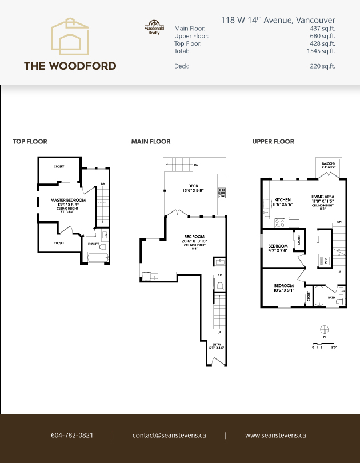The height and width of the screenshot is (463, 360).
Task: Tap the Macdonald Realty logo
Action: [x=149, y=29]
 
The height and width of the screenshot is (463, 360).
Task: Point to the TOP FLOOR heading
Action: [x=30, y=142]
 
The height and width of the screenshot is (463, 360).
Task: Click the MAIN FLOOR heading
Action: [x=151, y=142]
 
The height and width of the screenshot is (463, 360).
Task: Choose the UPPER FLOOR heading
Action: [x=273, y=142]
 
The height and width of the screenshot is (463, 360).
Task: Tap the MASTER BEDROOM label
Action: [x=68, y=201]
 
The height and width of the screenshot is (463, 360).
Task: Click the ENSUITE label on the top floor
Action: [x=93, y=244]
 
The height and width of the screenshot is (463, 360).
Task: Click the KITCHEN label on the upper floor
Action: [x=283, y=199]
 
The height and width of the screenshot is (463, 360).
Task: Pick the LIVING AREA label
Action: [x=322, y=196]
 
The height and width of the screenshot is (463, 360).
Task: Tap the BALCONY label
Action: [x=329, y=164]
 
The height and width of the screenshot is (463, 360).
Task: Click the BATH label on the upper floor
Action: [x=331, y=297]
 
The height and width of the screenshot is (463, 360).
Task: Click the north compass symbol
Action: [x=325, y=330]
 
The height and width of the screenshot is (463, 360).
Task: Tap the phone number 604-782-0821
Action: [x=72, y=436]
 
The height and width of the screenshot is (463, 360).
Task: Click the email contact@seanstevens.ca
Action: [x=169, y=436]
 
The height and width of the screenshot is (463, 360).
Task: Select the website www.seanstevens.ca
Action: [x=275, y=436]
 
